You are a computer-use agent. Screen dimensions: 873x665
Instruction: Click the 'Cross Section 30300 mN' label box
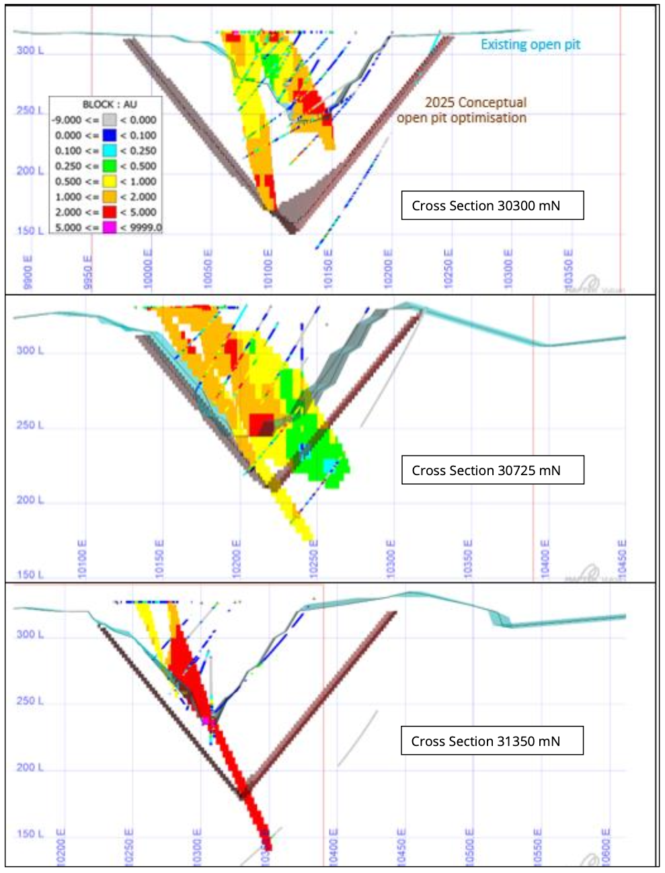coord(492,206)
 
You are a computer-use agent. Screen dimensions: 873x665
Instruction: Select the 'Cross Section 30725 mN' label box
coord(492,470)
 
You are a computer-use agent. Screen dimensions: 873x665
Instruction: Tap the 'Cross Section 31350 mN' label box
coord(492,741)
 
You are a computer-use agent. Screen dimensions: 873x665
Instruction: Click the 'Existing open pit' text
coord(530,44)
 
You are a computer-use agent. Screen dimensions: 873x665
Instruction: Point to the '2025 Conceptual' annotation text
coord(475,102)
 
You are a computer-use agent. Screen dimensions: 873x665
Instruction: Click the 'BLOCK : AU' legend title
coord(110,104)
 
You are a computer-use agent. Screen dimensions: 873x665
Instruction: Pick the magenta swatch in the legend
coord(110,227)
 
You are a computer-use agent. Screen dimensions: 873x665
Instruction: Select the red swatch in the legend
coord(110,212)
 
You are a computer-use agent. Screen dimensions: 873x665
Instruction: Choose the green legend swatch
coord(110,166)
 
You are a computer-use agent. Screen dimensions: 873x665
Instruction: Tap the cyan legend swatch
coord(110,151)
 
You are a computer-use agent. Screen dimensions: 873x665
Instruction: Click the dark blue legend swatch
coord(110,135)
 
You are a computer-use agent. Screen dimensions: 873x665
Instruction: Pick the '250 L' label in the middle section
coord(30,425)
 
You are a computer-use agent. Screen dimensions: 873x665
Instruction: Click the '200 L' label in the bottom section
coord(30,767)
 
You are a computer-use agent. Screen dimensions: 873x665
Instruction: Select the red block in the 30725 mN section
coord(261,425)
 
